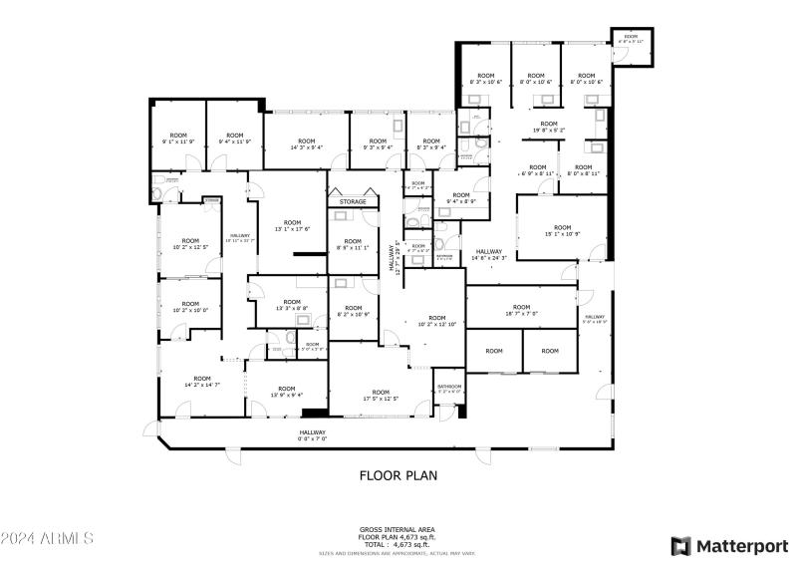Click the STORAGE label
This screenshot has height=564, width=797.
(x=353, y=202)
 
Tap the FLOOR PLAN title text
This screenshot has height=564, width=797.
(x=398, y=476)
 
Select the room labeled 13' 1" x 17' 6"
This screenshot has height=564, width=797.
(x=292, y=225)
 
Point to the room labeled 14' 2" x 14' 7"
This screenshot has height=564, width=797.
(x=202, y=382)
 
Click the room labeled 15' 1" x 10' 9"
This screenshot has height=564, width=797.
(x=563, y=230)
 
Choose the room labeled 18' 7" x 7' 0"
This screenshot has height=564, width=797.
(x=521, y=310)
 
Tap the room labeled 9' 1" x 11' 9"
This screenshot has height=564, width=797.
(x=178, y=139)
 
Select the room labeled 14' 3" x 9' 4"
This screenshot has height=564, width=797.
(x=306, y=144)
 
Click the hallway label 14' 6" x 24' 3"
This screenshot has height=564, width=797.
(x=489, y=254)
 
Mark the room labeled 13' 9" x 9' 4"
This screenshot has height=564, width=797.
(x=287, y=392)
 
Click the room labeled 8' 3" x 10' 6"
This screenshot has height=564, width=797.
(x=485, y=79)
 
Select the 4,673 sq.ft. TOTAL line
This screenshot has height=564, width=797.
(x=398, y=543)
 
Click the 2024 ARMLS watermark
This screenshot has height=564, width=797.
(x=47, y=539)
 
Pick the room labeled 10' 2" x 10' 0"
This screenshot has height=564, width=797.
(x=188, y=307)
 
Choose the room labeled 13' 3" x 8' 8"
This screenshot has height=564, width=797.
(x=291, y=305)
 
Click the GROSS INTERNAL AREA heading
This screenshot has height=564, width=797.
(x=398, y=530)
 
